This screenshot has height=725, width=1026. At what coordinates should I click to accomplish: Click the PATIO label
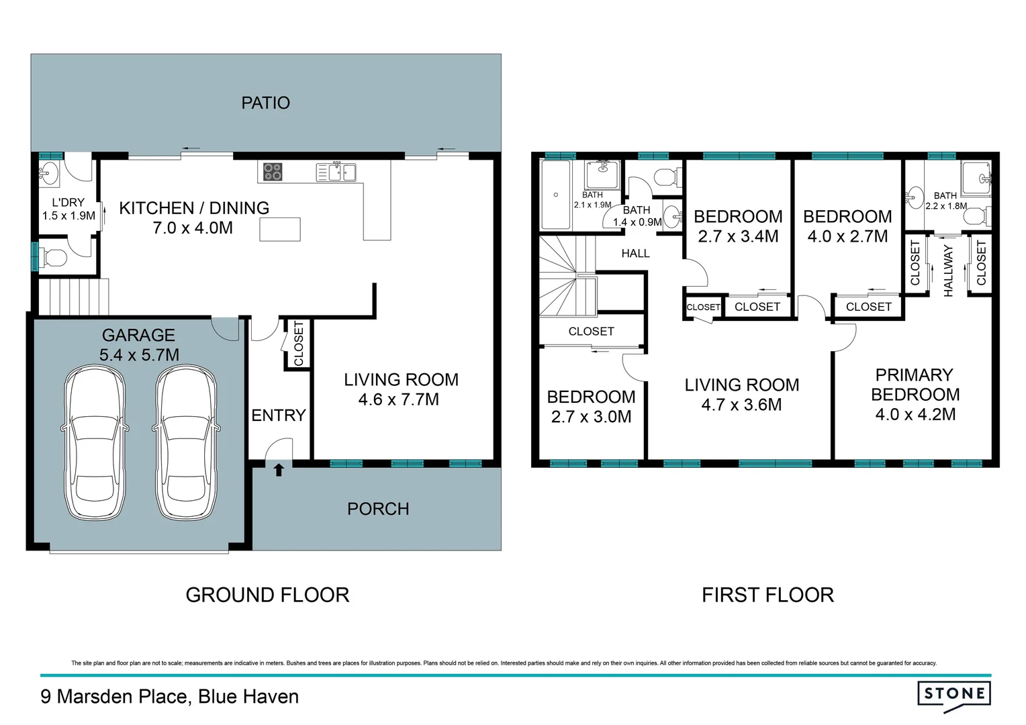[x=265, y=103]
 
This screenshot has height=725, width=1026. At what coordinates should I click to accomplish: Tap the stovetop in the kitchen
[x=272, y=172]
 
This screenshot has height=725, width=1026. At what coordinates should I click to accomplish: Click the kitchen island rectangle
[x=279, y=230]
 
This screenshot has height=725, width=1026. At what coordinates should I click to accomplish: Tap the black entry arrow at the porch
[x=279, y=470]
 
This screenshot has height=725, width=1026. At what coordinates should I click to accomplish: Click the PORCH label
[x=378, y=509]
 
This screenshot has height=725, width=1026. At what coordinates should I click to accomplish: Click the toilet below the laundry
[x=54, y=257]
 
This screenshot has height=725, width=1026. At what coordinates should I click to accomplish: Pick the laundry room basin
[x=50, y=174]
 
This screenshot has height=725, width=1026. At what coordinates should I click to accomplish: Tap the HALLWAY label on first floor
[x=948, y=270]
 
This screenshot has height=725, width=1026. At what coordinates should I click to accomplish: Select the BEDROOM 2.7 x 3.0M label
[x=591, y=407]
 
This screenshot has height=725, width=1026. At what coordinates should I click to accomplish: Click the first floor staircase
[x=567, y=275]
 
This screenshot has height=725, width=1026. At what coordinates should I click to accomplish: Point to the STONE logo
[x=953, y=695]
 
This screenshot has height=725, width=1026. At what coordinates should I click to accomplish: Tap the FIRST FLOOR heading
[x=767, y=595]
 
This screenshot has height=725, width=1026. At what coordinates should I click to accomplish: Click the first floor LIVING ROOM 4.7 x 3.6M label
[x=741, y=395]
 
